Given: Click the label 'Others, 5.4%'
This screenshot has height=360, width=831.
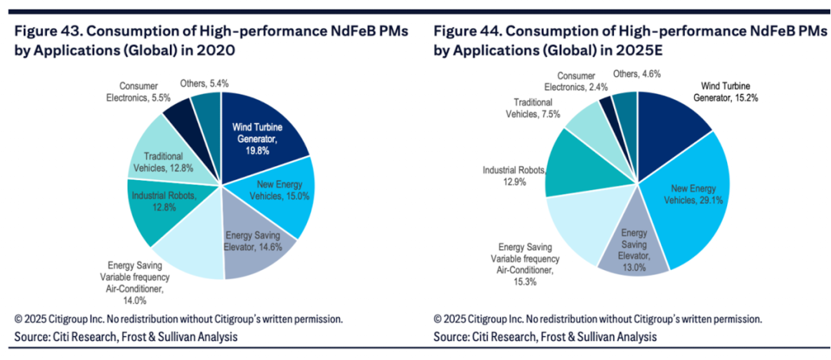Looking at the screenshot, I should coord(204,83).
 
